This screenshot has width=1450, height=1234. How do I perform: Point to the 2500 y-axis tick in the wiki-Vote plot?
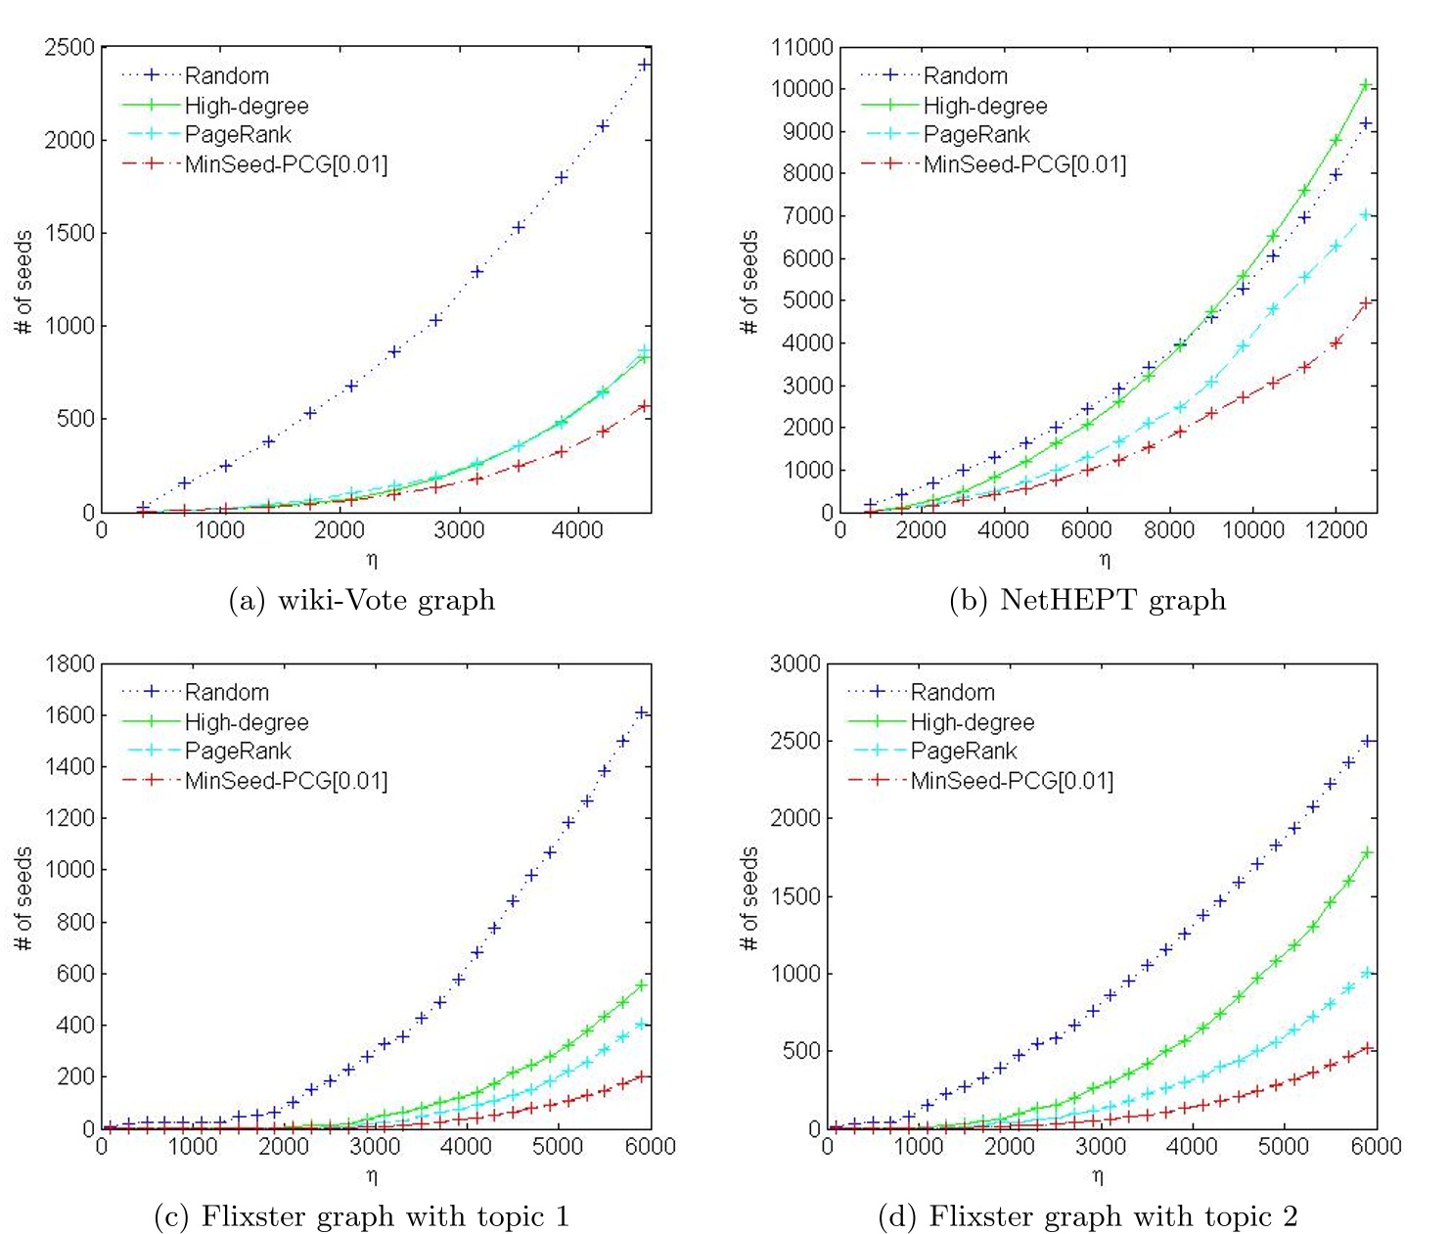point(69,47)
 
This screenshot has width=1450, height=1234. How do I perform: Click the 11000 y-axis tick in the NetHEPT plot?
point(801,47)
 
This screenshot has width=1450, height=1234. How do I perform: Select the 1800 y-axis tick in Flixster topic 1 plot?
point(69,663)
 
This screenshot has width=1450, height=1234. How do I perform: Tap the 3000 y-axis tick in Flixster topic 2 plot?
point(794,663)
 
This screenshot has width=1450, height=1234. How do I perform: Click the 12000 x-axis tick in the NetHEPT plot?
point(1337,530)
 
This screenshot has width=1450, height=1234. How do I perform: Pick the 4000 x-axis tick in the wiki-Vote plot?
point(577,530)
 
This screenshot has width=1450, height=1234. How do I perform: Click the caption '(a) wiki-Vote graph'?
point(362,599)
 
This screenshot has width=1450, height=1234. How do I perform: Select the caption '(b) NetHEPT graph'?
point(1087,599)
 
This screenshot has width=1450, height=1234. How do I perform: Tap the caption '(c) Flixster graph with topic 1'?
point(362,1216)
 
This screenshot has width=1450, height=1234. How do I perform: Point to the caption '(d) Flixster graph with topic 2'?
point(1088,1216)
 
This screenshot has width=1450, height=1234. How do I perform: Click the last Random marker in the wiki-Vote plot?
point(644,65)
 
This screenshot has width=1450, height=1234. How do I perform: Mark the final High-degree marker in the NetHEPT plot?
point(1367,85)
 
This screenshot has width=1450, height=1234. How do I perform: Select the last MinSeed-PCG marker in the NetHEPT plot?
point(1367,302)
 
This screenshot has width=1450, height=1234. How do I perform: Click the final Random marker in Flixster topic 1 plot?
point(642,712)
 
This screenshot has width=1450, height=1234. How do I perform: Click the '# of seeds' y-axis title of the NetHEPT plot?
point(749,282)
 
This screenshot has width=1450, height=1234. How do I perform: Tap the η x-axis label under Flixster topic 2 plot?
point(1098,1176)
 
